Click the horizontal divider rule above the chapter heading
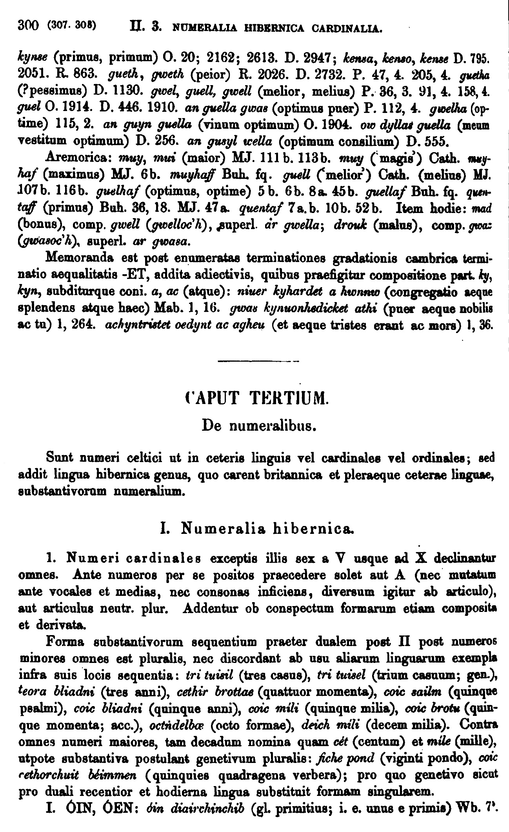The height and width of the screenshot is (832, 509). tap(257, 361)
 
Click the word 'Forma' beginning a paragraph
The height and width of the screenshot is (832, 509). tap(61, 643)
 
